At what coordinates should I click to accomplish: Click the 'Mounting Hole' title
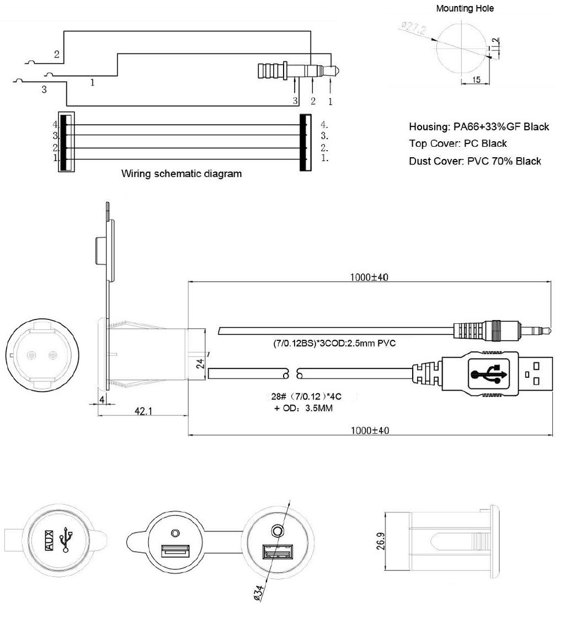pyautogui.click(x=465, y=8)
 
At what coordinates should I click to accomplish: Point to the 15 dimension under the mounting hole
pyautogui.click(x=476, y=80)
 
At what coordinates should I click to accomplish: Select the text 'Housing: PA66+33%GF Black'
pyautogui.click(x=479, y=127)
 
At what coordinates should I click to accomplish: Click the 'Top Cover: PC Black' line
pyautogui.click(x=457, y=143)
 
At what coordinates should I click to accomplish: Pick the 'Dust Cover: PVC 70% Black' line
pyautogui.click(x=475, y=161)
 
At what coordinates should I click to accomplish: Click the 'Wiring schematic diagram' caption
pyautogui.click(x=181, y=174)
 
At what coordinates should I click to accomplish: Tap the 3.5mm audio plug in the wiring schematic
pyautogui.click(x=298, y=71)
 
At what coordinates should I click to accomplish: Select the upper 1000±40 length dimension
pyautogui.click(x=370, y=278)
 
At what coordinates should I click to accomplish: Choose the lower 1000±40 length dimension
pyautogui.click(x=370, y=430)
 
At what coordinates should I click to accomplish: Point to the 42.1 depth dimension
pyautogui.click(x=143, y=411)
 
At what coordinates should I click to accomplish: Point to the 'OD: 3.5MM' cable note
pyautogui.click(x=303, y=408)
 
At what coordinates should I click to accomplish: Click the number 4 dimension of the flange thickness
pyautogui.click(x=102, y=398)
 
